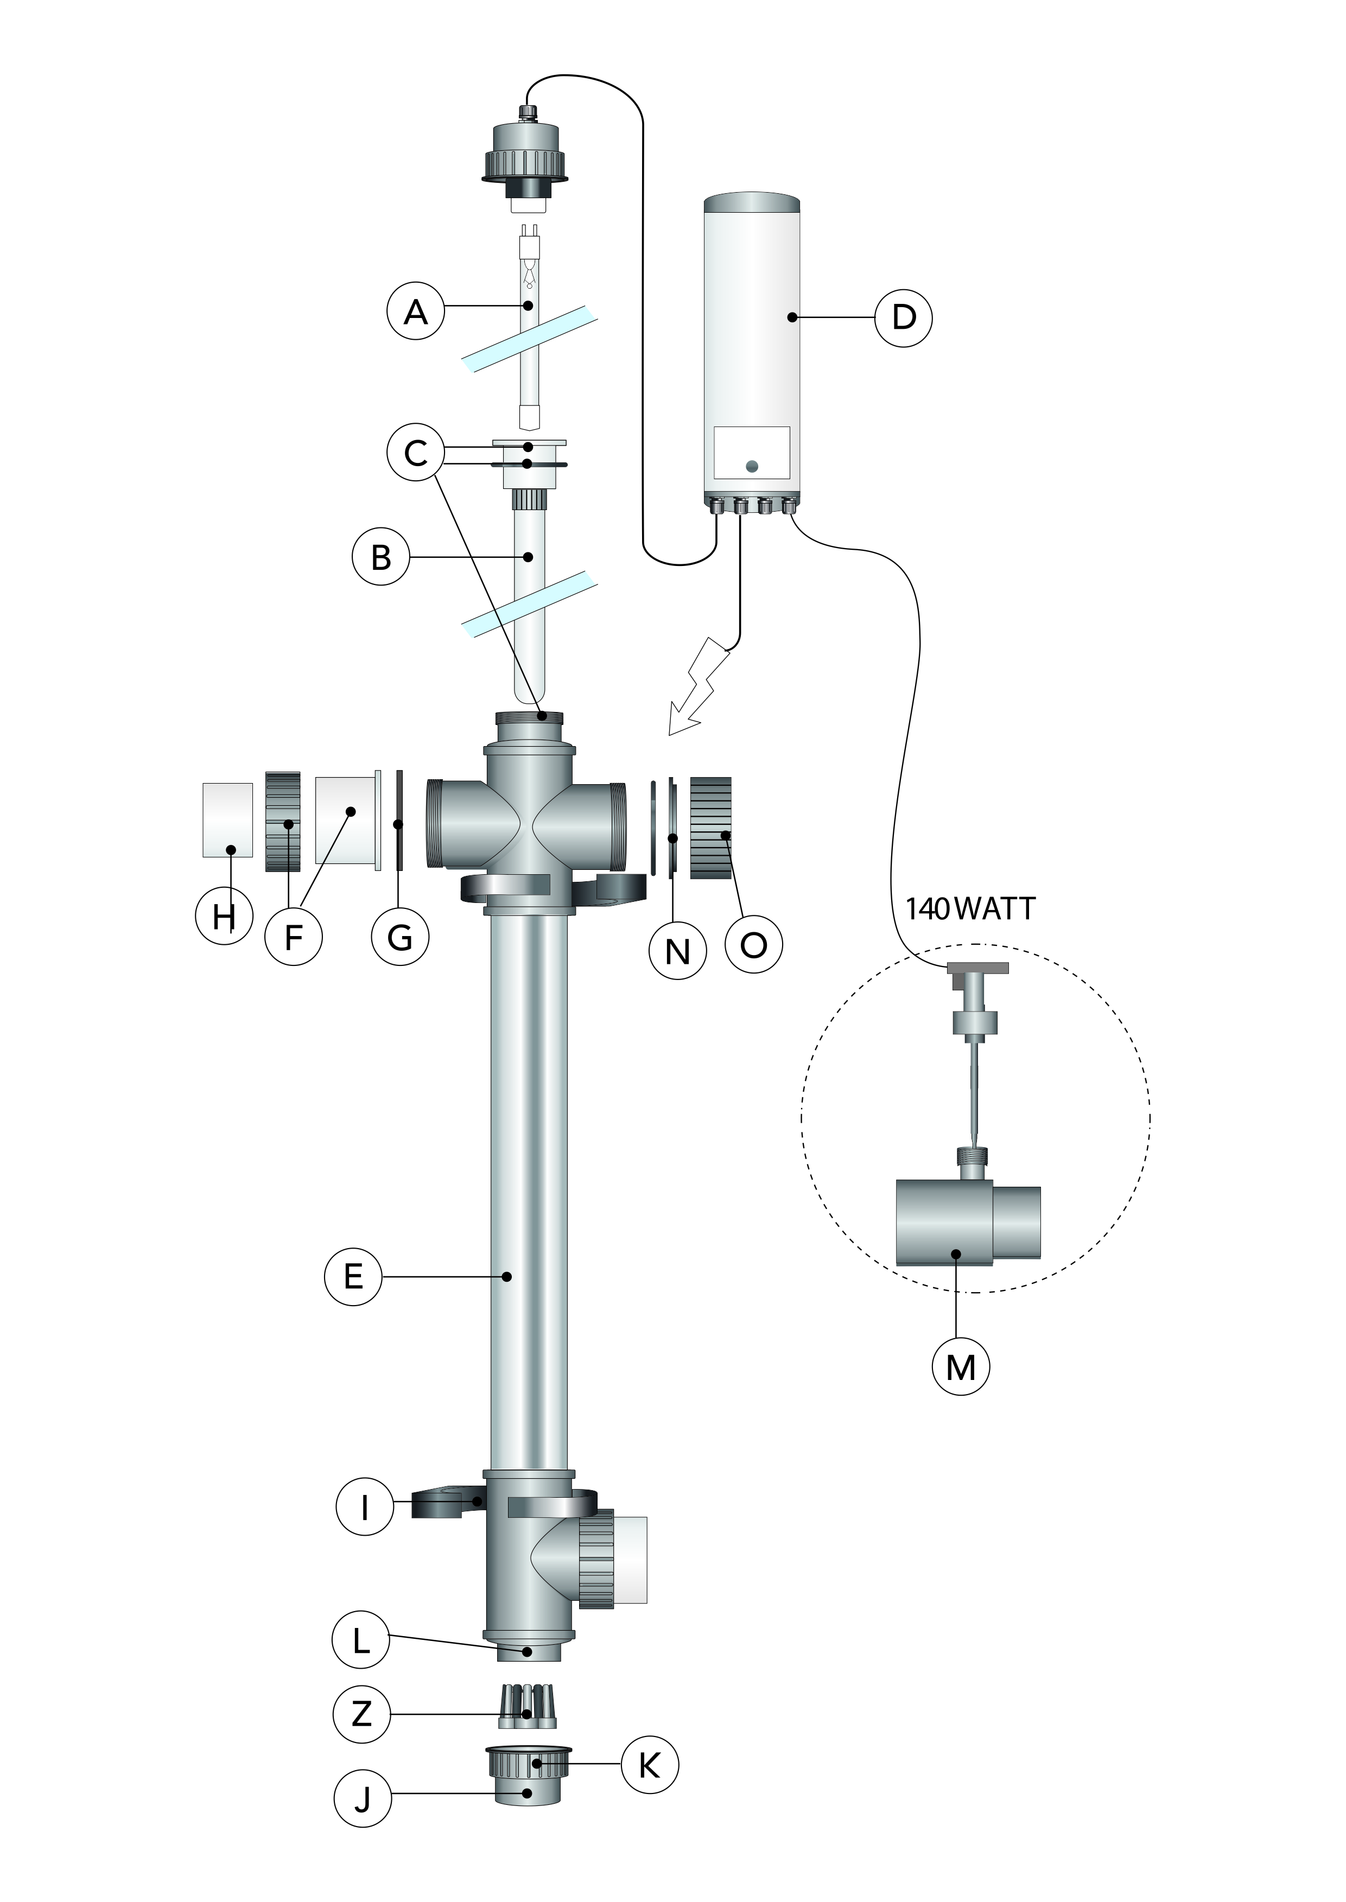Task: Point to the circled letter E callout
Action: click(353, 1276)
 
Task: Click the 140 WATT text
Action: click(970, 909)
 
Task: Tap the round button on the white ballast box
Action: click(752, 467)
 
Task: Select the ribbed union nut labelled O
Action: click(711, 827)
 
